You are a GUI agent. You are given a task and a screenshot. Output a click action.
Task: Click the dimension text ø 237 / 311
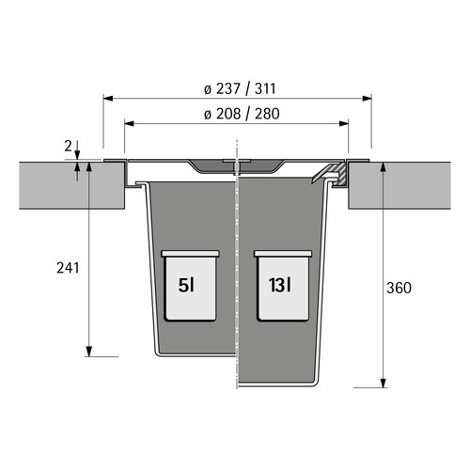[240, 88]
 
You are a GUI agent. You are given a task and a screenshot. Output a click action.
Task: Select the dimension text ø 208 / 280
[242, 114]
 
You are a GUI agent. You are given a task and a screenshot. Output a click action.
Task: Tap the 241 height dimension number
[68, 268]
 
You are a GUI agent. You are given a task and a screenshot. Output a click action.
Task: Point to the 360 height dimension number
[399, 288]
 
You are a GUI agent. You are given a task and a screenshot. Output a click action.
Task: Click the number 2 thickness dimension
[68, 146]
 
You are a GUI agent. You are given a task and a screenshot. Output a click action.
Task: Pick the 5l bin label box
[190, 286]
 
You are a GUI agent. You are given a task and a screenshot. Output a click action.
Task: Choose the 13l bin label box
[283, 286]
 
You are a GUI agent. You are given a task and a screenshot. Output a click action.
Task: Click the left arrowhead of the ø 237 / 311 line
[108, 99]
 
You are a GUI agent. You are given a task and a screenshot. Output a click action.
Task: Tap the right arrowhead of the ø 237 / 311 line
[367, 99]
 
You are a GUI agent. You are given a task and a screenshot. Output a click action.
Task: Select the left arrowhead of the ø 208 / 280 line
[130, 123]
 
